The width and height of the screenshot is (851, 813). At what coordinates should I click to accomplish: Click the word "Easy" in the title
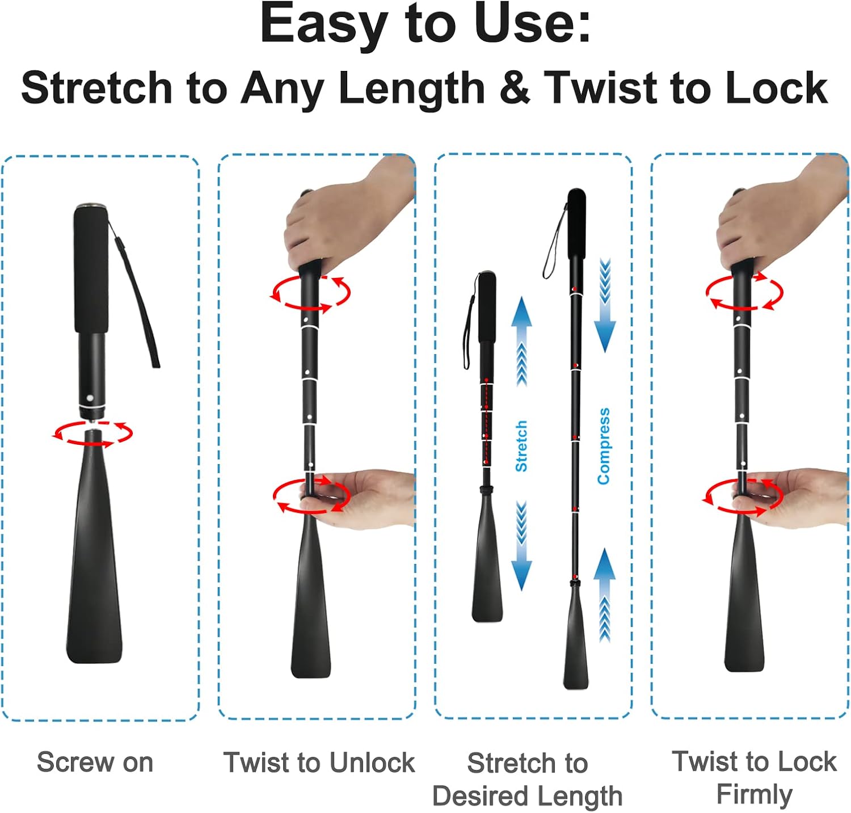325,26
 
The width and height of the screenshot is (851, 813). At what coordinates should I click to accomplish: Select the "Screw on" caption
95,762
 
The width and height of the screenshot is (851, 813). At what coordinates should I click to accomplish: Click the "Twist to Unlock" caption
319,762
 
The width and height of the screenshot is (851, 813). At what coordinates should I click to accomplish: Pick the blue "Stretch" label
521,446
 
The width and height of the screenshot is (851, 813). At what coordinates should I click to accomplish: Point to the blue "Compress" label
604,446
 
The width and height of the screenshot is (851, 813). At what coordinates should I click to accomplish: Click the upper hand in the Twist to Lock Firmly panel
780,218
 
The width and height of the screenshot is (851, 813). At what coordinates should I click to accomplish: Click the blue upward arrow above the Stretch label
521,340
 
